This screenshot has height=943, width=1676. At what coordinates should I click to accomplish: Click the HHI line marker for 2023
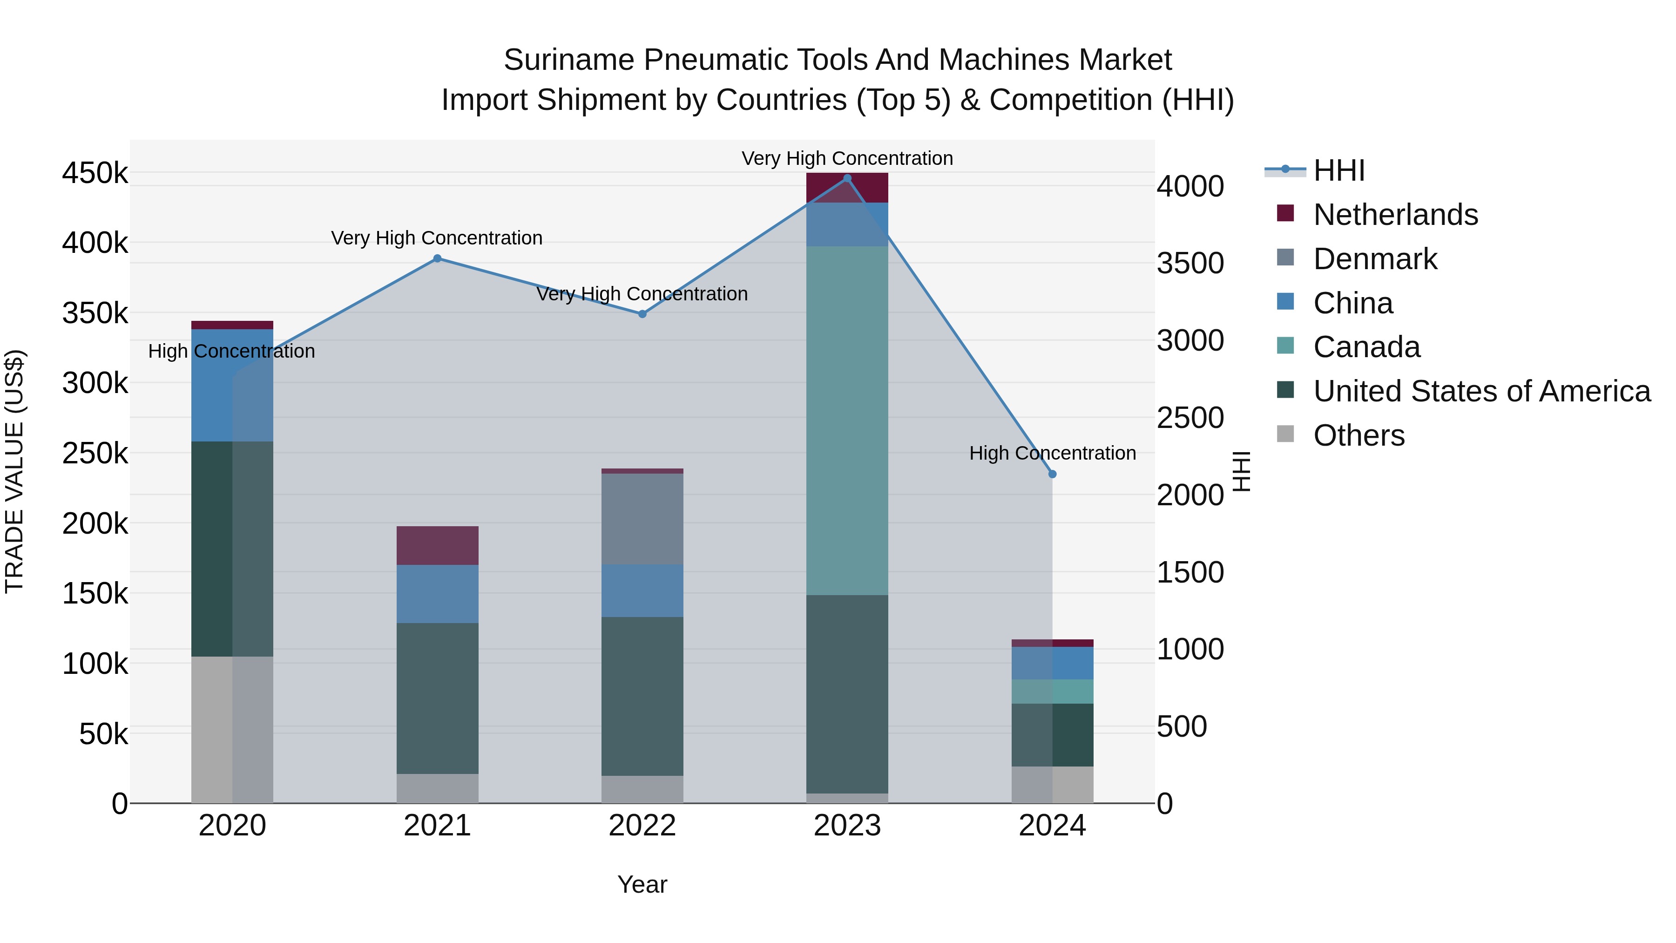click(847, 178)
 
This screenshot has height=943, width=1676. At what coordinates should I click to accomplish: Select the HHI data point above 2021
click(437, 258)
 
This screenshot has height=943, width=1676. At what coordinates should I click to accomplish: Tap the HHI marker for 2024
click(1052, 475)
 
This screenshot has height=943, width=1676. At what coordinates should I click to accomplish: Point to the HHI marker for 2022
click(642, 314)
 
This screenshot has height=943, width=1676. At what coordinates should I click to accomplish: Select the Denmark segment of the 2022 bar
click(642, 519)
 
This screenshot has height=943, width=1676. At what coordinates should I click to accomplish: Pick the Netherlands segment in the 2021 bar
click(437, 545)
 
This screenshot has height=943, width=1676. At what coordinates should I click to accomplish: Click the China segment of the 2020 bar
click(232, 385)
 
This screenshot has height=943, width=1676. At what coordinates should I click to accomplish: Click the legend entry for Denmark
click(1374, 259)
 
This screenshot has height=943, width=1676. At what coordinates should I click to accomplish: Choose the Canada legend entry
click(1366, 347)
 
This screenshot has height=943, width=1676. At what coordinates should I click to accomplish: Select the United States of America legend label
click(1481, 391)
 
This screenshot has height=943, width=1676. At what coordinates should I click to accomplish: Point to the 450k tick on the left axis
click(95, 173)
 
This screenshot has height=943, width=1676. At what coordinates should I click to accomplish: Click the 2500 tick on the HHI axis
click(1190, 418)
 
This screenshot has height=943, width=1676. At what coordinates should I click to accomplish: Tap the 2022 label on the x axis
click(642, 826)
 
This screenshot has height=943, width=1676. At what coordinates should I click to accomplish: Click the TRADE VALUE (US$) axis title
click(14, 471)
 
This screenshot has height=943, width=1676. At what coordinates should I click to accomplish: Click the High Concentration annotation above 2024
click(1052, 453)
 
